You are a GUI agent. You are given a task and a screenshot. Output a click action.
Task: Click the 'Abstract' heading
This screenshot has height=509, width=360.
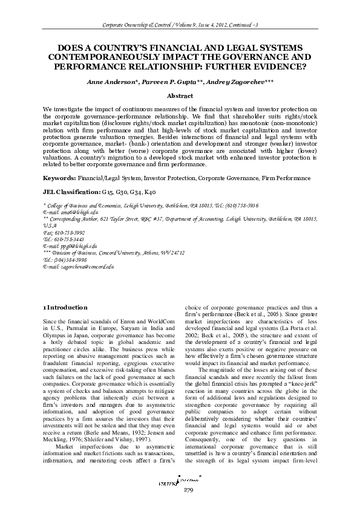(x=180, y=96)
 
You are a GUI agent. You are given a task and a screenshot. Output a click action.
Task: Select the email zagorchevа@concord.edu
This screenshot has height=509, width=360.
(x=79, y=266)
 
